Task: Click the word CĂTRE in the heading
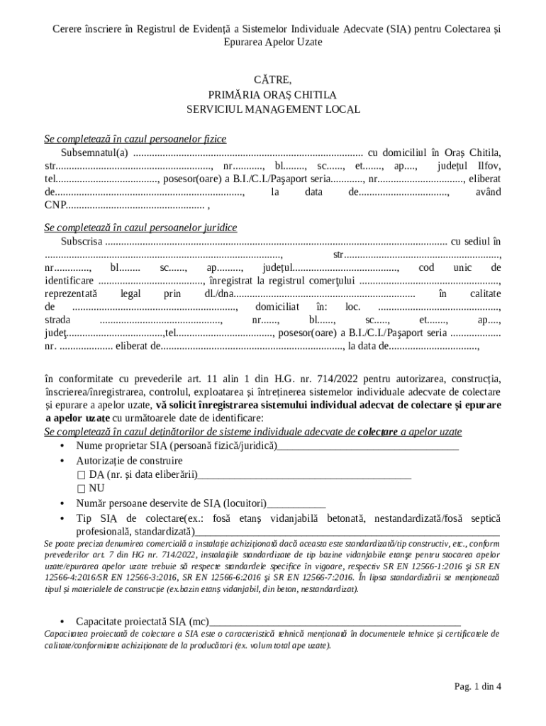[x=273, y=79]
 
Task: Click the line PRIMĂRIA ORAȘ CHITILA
[x=273, y=94]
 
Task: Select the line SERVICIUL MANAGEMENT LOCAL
[x=273, y=110]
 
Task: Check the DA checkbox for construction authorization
[x=82, y=475]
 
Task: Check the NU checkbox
[x=82, y=488]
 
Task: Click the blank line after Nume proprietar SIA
[x=368, y=446]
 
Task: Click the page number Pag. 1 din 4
[x=478, y=686]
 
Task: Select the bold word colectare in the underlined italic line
[x=378, y=432]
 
